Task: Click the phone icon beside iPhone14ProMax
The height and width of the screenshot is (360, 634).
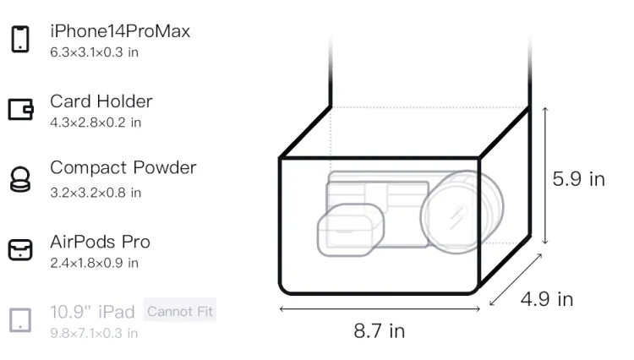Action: [x=20, y=39]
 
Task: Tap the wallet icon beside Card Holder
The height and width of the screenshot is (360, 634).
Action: [x=20, y=110]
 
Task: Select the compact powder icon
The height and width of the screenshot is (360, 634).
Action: [x=20, y=179]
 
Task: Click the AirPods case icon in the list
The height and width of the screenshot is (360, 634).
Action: [x=20, y=249]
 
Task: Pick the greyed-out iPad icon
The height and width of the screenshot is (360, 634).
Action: [x=20, y=320]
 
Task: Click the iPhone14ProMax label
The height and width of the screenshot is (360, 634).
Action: [x=120, y=31]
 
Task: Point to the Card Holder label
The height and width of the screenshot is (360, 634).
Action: [x=101, y=101]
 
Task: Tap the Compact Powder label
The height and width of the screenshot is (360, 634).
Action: [x=123, y=167]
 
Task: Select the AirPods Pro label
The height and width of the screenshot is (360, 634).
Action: [x=101, y=242]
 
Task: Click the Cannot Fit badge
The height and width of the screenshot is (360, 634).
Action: [x=180, y=311]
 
